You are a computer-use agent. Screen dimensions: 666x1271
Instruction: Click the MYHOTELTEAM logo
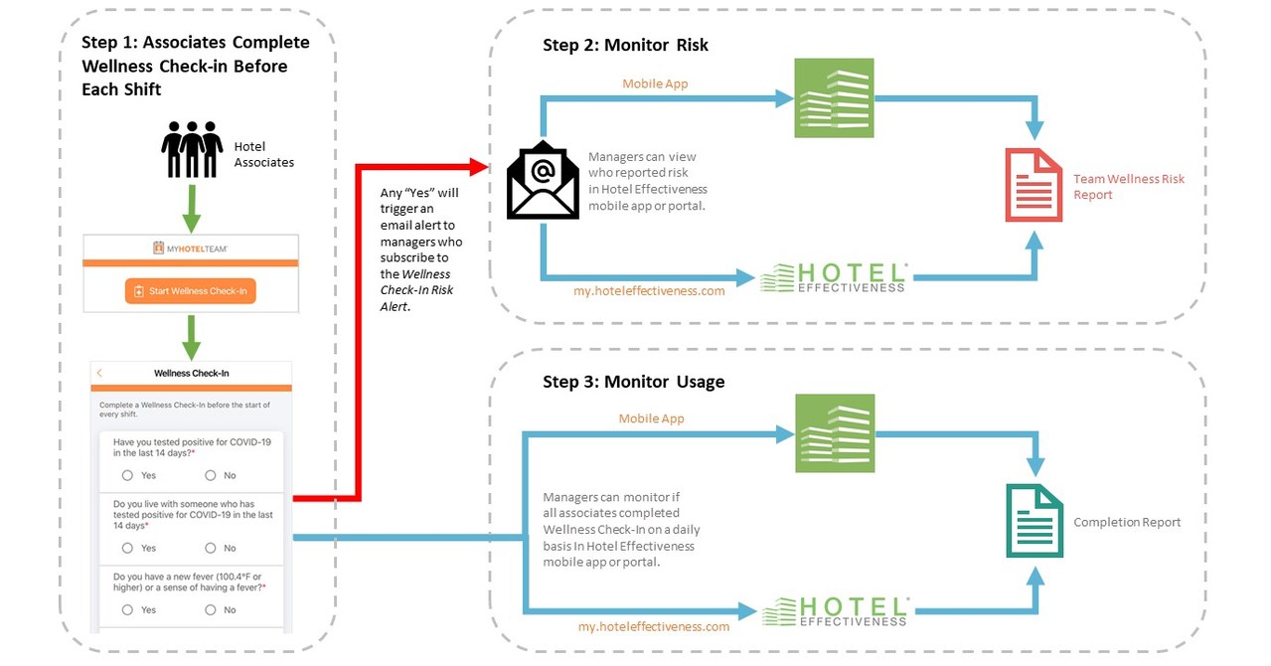coord(192,247)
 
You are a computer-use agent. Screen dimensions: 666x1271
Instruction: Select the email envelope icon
coord(543,181)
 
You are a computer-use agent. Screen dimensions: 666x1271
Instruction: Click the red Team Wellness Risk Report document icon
coord(1033,184)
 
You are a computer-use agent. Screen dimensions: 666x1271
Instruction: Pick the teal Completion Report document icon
coord(1033,520)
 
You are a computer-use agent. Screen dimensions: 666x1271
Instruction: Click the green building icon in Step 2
coord(833,97)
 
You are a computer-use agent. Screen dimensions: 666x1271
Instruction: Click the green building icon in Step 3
coord(833,432)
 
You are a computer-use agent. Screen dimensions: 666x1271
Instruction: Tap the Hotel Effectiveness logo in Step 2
coord(834,278)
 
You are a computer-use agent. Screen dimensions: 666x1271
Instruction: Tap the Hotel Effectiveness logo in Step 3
coord(834,612)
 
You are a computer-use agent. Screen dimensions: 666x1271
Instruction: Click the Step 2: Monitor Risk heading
coord(625,46)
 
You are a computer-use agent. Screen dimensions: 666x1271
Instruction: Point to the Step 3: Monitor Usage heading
coord(633,382)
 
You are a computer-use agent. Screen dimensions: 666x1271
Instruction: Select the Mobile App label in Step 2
coord(655,83)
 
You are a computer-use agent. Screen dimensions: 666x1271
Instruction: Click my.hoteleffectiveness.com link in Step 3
coord(654,626)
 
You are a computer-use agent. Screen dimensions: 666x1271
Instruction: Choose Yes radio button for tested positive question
coord(127,475)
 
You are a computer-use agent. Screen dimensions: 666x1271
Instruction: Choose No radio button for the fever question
coord(210,609)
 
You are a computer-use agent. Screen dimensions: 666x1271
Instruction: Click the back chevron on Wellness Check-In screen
coord(99,373)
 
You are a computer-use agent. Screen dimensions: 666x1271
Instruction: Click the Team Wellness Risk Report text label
coord(1128,187)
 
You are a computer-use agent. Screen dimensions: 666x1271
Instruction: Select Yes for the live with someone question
coord(127,548)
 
